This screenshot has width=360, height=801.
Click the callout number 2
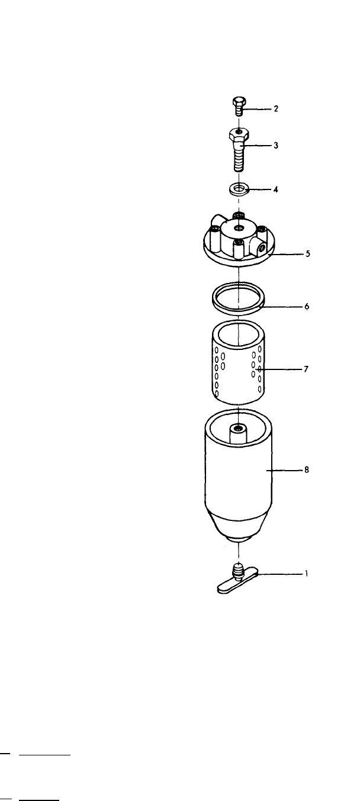[x=275, y=109]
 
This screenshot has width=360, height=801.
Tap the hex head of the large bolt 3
[x=237, y=136]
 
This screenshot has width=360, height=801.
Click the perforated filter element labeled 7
[x=237, y=367]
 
